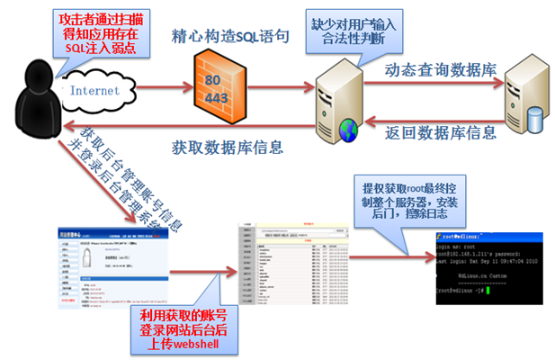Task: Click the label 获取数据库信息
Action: pos(227,146)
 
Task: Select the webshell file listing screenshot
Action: pos(291,263)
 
